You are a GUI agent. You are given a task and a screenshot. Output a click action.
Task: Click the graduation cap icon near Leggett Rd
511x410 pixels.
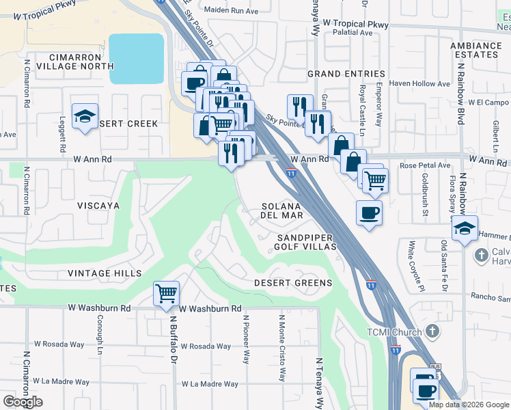coord(85,117)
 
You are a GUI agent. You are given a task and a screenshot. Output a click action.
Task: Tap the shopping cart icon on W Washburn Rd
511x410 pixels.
coord(167,294)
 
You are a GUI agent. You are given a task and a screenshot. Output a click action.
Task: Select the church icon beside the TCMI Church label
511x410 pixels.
coord(431,331)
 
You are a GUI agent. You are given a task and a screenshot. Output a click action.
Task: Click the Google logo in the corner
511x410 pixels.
coord(22,401)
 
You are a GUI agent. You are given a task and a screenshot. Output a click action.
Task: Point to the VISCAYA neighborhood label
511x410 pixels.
coord(98,205)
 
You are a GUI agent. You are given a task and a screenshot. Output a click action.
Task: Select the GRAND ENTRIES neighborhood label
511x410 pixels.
coord(346,73)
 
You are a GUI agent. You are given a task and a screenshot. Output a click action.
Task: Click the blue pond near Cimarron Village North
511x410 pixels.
coord(137,58)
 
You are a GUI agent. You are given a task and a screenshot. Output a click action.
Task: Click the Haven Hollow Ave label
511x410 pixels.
coord(419,84)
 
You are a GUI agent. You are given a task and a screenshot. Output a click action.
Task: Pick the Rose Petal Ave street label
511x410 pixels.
coord(426,165)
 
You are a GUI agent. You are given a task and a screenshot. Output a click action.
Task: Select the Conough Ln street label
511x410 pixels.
coord(100,342)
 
